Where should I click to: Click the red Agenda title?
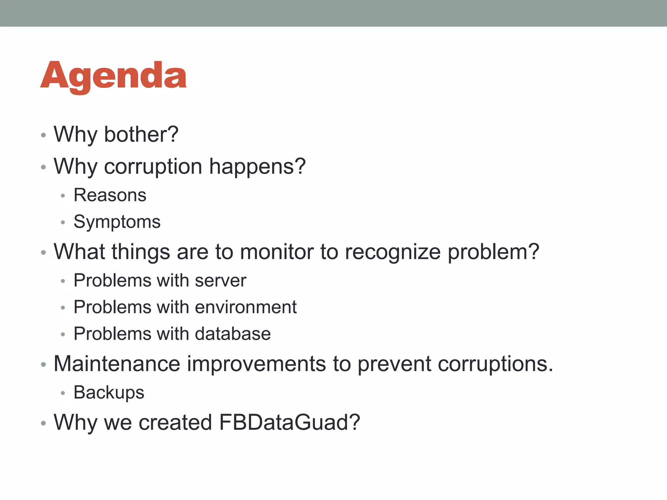[x=113, y=76]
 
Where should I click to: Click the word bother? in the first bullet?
[x=141, y=134]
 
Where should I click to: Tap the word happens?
[x=257, y=167]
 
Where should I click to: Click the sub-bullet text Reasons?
[x=110, y=195]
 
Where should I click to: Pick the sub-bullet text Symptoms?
[x=117, y=222]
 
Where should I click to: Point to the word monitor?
[x=277, y=252]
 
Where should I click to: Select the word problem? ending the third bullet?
[x=493, y=252]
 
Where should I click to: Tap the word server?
[x=220, y=281]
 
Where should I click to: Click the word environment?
[x=246, y=307]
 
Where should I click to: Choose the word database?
[x=233, y=334]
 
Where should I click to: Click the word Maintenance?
[x=117, y=364]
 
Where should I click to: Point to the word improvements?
[x=256, y=364]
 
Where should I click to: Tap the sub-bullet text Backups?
[x=109, y=393]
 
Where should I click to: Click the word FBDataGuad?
[x=290, y=423]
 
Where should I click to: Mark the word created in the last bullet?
[x=175, y=423]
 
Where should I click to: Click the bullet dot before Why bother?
[x=43, y=135]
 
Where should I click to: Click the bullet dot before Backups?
[x=63, y=393]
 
